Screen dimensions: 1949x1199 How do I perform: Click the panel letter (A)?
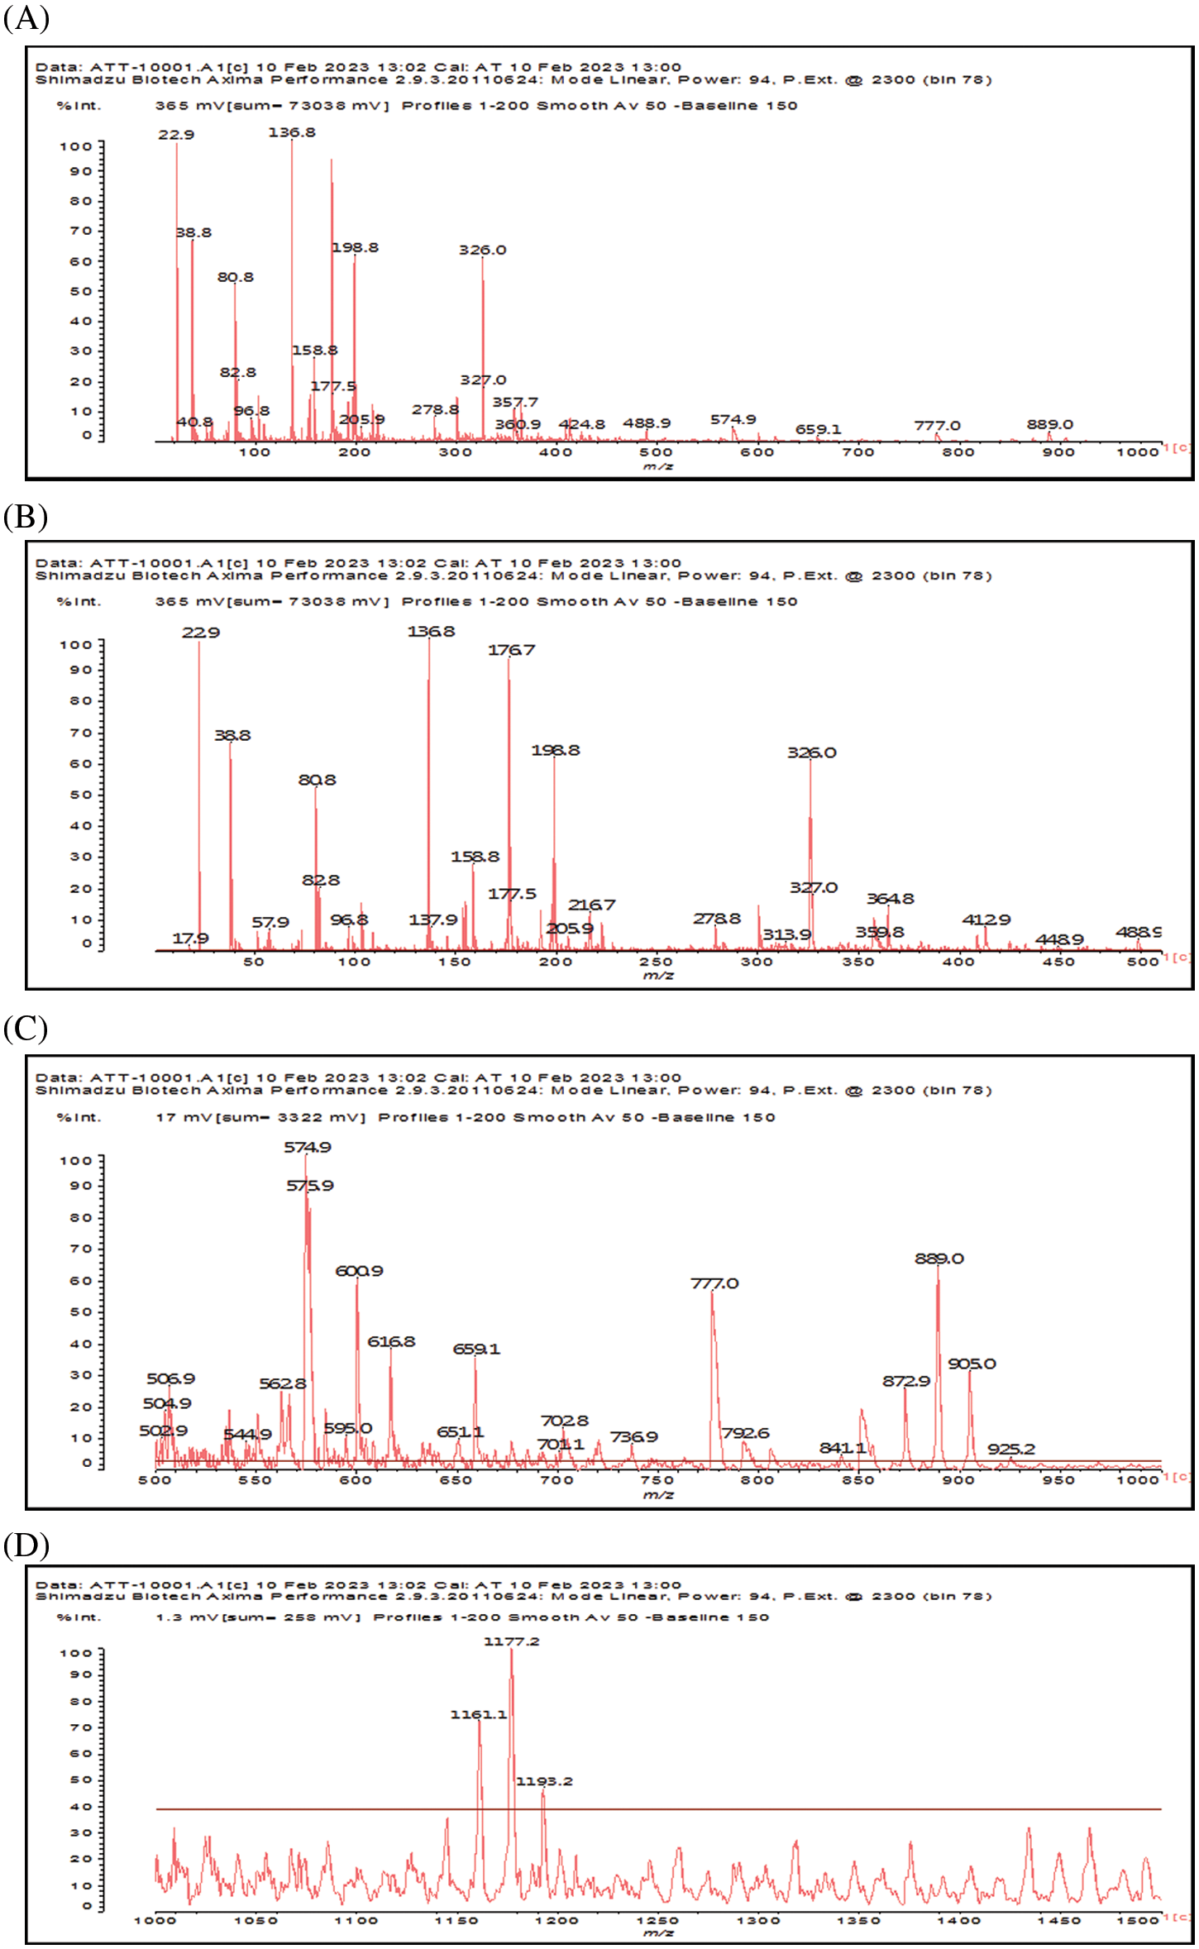[26, 17]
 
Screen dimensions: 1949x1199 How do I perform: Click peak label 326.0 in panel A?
[483, 250]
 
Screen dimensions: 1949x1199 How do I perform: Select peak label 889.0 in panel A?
[1050, 424]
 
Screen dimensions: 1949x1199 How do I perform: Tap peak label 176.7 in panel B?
[511, 650]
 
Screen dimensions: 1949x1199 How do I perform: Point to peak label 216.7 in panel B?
[591, 905]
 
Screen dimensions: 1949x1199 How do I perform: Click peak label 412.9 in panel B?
[986, 920]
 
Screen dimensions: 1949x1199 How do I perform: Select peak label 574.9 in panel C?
[308, 1147]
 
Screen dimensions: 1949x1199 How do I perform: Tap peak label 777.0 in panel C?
[714, 1283]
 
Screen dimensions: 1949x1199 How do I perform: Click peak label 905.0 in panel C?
[972, 1364]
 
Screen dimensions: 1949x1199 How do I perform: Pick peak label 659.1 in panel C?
[476, 1349]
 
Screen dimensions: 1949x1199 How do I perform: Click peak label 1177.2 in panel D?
[511, 1641]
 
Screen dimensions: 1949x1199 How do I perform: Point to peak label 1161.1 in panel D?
[478, 1715]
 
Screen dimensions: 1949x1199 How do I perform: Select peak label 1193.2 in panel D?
[544, 1781]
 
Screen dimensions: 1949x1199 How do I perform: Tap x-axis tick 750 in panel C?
[657, 1479]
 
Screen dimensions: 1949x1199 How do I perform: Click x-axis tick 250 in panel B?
[656, 962]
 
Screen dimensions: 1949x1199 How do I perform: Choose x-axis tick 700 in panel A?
[858, 452]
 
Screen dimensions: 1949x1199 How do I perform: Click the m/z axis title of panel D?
[658, 1933]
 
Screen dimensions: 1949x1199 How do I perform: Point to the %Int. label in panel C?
[79, 1117]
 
